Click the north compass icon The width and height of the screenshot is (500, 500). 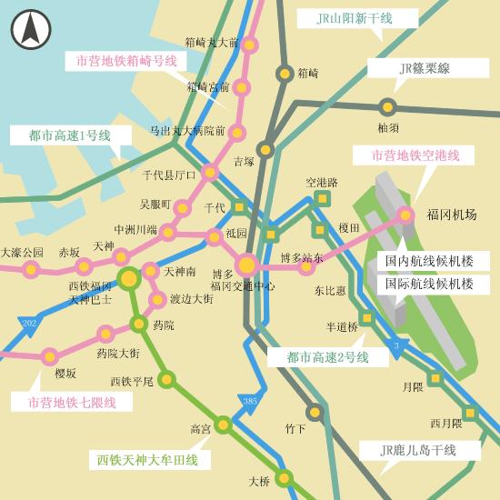coord(31,30)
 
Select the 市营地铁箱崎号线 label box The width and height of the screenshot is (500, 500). coord(125,61)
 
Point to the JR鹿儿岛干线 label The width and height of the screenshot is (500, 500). coord(419,450)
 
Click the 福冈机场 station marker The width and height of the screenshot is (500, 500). coord(405,215)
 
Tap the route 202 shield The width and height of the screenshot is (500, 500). coord(30,325)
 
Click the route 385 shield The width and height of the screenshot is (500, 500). coord(248,401)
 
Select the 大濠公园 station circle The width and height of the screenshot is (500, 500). coord(32,269)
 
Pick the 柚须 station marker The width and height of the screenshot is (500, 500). coord(388,106)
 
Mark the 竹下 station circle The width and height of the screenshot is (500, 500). coord(315,412)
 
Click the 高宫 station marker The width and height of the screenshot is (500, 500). coord(224,424)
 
